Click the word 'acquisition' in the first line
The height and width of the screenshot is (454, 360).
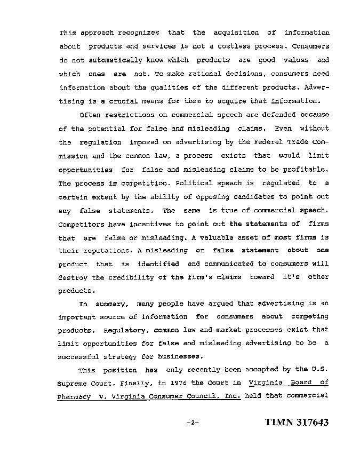[x=244, y=33]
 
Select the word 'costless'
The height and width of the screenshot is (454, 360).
[x=239, y=46]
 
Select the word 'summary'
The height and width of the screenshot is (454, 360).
[x=111, y=305]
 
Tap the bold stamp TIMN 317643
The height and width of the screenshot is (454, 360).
[x=296, y=423]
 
